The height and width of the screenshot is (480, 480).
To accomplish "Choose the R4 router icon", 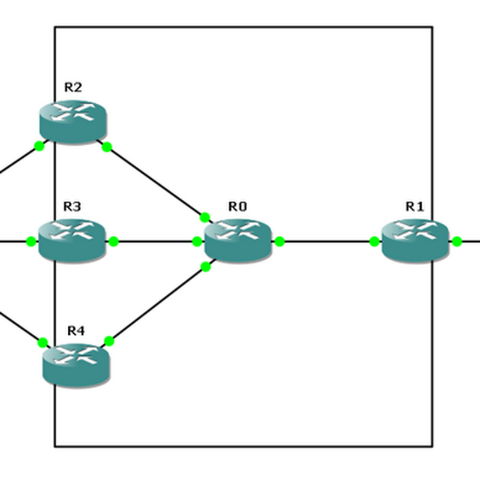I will [x=76, y=364].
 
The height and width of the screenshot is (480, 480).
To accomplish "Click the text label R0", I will [x=238, y=207].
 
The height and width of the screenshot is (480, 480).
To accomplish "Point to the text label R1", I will [x=415, y=207].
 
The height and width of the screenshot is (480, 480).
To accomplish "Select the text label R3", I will [x=72, y=207].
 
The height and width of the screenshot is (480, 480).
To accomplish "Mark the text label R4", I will [x=76, y=331].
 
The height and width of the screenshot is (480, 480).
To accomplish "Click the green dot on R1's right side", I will [x=457, y=242].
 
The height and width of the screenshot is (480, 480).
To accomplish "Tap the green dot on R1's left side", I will [x=374, y=242].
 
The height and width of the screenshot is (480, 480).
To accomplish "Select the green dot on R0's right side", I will [x=279, y=242].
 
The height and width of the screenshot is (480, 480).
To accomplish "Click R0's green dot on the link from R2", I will [x=205, y=217].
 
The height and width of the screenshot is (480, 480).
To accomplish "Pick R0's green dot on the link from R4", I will [x=206, y=266].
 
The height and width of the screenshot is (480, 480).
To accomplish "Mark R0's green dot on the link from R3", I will [x=197, y=242].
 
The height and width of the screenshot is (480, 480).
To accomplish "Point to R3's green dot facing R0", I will [x=113, y=242].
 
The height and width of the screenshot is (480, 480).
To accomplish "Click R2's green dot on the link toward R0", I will [x=107, y=146].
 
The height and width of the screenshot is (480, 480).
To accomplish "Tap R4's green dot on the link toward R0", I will [x=109, y=341].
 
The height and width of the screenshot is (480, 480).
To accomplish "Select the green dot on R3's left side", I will [x=31, y=242].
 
